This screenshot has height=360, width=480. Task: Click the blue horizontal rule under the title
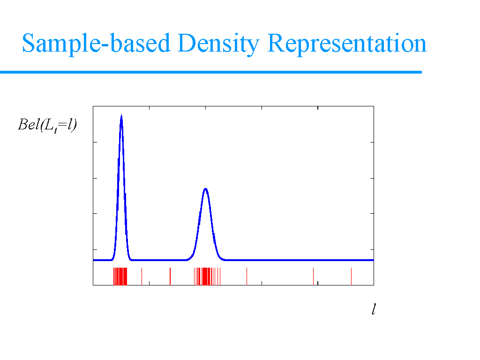click(211, 72)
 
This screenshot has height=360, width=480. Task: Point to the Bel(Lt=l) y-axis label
click(47, 125)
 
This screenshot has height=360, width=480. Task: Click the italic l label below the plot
click(374, 309)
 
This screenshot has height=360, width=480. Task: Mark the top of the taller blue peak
click(121, 115)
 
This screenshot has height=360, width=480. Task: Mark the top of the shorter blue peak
click(205, 188)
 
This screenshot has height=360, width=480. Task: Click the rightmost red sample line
click(351, 276)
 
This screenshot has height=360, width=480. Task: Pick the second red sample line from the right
click(313, 276)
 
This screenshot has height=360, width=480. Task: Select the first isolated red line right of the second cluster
click(247, 276)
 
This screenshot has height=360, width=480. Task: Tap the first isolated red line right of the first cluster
click(142, 276)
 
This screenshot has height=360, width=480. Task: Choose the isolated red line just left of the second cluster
click(170, 276)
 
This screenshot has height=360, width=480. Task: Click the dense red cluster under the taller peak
click(120, 276)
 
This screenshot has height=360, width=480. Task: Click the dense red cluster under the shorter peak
click(207, 276)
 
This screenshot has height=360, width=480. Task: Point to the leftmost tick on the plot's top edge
click(150, 108)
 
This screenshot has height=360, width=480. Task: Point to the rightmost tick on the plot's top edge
click(318, 108)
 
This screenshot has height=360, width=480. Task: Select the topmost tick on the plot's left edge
click(95, 142)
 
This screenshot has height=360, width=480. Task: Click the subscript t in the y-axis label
click(55, 131)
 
